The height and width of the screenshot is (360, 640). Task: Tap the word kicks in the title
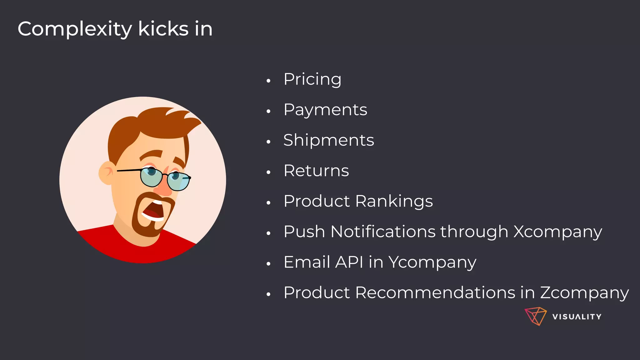[x=163, y=29]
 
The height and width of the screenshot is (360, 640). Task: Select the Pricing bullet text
[x=312, y=79]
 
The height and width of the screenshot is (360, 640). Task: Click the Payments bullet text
[x=325, y=110]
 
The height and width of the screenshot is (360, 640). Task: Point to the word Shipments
[x=328, y=140]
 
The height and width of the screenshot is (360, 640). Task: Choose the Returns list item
[x=316, y=171]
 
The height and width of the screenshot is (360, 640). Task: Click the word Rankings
[x=394, y=201]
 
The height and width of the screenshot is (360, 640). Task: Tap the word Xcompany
[x=557, y=232]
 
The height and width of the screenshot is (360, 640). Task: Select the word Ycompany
[x=432, y=262]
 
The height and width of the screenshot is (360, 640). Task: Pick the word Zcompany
[x=584, y=293]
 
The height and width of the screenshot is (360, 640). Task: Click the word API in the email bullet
[x=349, y=262]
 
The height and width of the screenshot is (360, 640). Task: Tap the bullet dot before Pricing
[x=268, y=81]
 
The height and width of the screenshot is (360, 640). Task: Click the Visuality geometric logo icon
[x=535, y=316]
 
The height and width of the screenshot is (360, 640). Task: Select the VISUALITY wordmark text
[x=577, y=317]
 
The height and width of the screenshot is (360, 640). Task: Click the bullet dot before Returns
[x=268, y=172]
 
